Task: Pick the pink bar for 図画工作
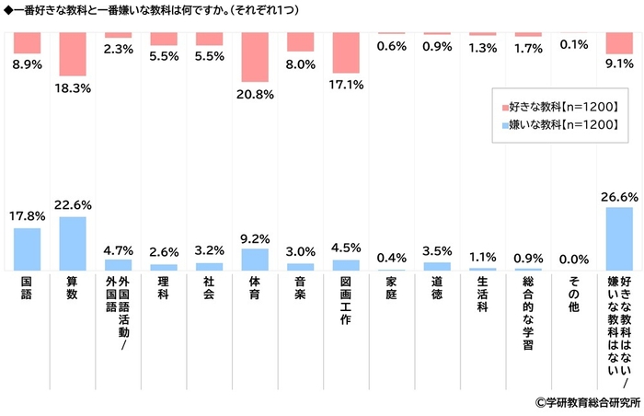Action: tap(346, 52)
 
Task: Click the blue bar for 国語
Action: tap(27, 248)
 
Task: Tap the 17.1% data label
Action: tap(346, 85)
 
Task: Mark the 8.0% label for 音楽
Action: tap(300, 64)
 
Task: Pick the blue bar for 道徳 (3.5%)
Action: tap(437, 266)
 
